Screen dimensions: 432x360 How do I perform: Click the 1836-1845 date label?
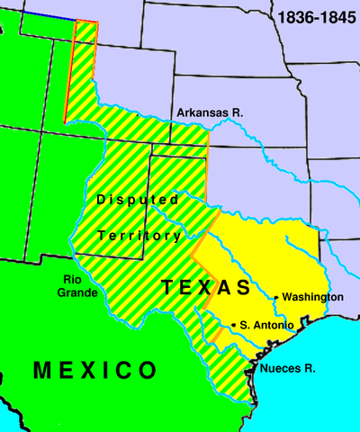click(316, 17)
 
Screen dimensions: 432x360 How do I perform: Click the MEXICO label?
click(94, 370)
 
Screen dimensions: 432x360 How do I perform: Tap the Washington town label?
click(312, 297)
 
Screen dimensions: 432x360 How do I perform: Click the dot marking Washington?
click(275, 297)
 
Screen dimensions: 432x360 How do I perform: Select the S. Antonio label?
click(267, 325)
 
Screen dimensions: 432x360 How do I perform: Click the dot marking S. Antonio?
click(234, 324)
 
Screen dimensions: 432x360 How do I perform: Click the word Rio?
click(73, 255)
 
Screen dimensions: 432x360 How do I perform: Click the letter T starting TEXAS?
click(167, 288)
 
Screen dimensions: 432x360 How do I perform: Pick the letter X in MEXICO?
click(95, 370)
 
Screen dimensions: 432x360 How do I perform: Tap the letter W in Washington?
click(287, 297)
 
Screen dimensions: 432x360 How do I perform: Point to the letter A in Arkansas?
click(181, 112)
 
